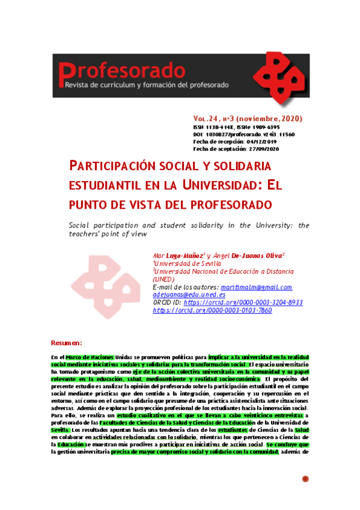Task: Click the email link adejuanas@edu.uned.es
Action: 189,295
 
